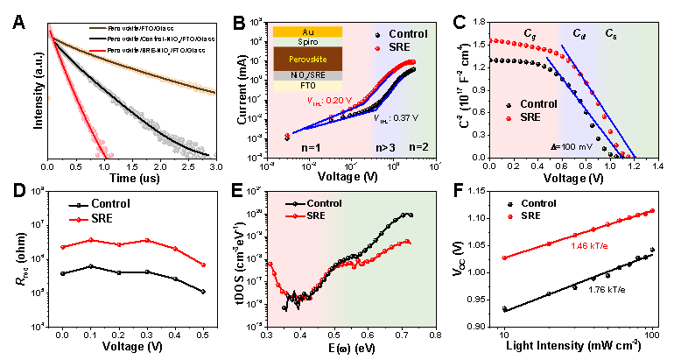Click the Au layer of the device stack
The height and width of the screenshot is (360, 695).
pos(306,31)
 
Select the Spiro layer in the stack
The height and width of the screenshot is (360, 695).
pos(306,41)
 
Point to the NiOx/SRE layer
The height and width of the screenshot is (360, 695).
pos(306,75)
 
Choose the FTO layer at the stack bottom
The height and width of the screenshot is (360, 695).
pos(306,86)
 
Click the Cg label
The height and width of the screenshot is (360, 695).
pos(530,33)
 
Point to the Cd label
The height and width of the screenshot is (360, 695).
pos(579,33)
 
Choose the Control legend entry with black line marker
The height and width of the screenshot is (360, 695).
pos(318,203)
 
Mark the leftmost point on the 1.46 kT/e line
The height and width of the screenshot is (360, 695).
pos(505,257)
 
